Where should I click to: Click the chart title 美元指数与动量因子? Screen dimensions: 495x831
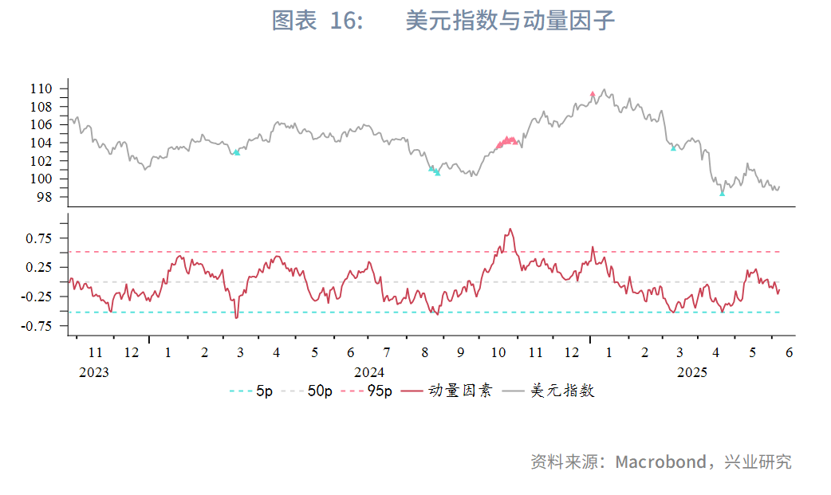click(510, 22)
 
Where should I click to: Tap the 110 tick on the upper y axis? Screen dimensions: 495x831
click(42, 88)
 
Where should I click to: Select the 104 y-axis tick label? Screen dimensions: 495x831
click(42, 143)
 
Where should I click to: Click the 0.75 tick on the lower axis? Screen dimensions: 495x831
click(38, 238)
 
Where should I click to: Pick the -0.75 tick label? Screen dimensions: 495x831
click(36, 326)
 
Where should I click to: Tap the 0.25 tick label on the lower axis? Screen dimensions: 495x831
click(38, 267)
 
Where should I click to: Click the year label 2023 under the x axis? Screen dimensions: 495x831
click(94, 372)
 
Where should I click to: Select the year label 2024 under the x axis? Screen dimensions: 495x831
click(369, 372)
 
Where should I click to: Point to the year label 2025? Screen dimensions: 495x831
click(692, 372)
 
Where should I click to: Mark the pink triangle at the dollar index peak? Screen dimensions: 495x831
click(593, 94)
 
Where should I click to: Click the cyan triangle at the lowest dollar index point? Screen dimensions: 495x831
click(723, 193)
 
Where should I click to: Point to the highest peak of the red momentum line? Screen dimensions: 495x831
click(510, 230)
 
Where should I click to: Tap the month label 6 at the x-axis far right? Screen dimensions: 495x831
click(789, 353)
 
